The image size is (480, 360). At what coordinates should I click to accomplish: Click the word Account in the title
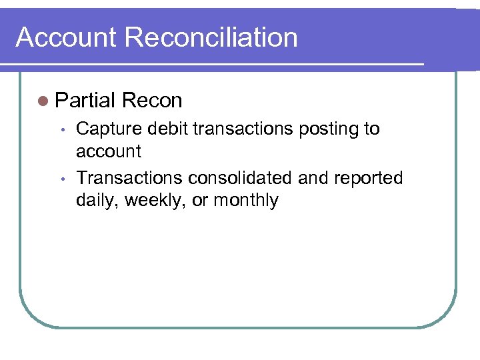coord(66,37)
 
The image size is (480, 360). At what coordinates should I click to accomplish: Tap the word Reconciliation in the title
coord(211,37)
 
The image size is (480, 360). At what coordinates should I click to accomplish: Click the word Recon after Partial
coord(153,101)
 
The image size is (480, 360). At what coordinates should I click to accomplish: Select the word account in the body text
coord(109,152)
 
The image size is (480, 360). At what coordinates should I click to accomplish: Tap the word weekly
coord(155,201)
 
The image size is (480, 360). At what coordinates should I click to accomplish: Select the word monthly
coord(245,201)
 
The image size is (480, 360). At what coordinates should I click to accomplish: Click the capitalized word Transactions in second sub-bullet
coord(129,178)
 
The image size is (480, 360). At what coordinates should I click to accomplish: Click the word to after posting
coord(371,129)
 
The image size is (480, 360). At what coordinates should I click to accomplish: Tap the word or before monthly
coord(200,201)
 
